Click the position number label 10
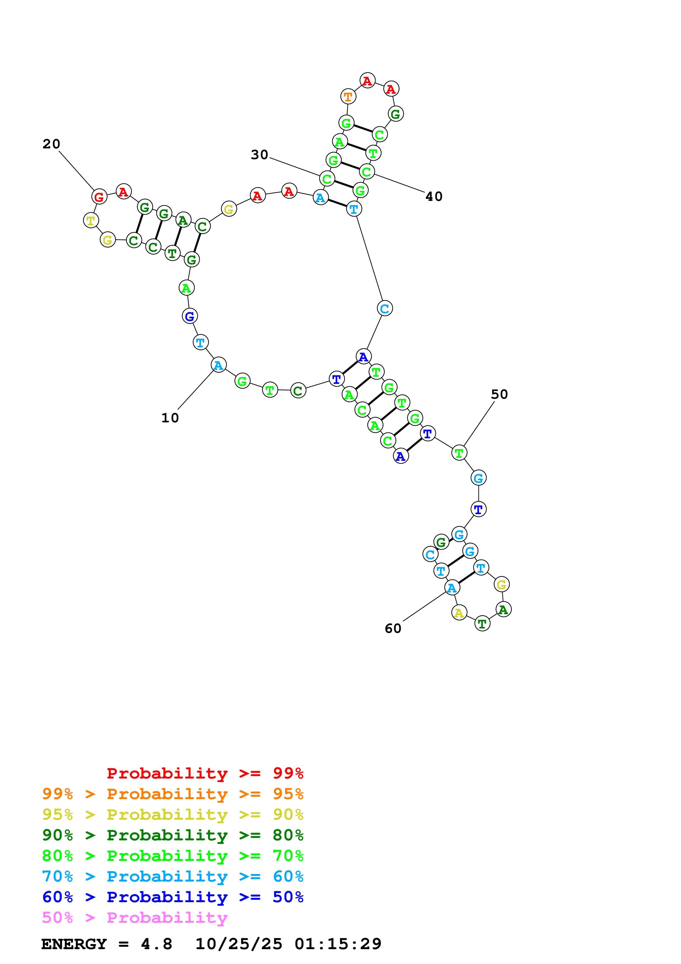170,418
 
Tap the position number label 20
51,144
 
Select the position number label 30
259,155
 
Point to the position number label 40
434,196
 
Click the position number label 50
499,394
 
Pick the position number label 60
393,628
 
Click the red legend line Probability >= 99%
205,773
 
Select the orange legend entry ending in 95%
173,794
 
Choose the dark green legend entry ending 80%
173,835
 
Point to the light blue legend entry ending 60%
173,877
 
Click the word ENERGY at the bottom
74,944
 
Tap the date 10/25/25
239,944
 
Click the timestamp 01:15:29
338,944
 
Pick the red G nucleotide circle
99,196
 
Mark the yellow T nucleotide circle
91,220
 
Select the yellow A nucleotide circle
459,613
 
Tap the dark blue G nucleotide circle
190,316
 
